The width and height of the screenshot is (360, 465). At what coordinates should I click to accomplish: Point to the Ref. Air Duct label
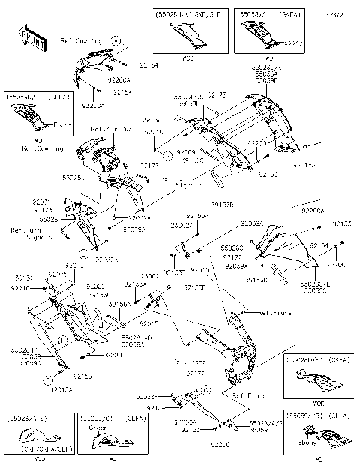(106, 129)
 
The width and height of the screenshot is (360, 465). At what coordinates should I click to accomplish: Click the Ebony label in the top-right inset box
(294, 43)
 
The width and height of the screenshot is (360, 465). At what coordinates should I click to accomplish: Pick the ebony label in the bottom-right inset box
(312, 453)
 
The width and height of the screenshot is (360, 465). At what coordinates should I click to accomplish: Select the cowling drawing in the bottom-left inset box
(37, 439)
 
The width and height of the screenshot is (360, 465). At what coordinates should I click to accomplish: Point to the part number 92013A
(62, 389)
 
